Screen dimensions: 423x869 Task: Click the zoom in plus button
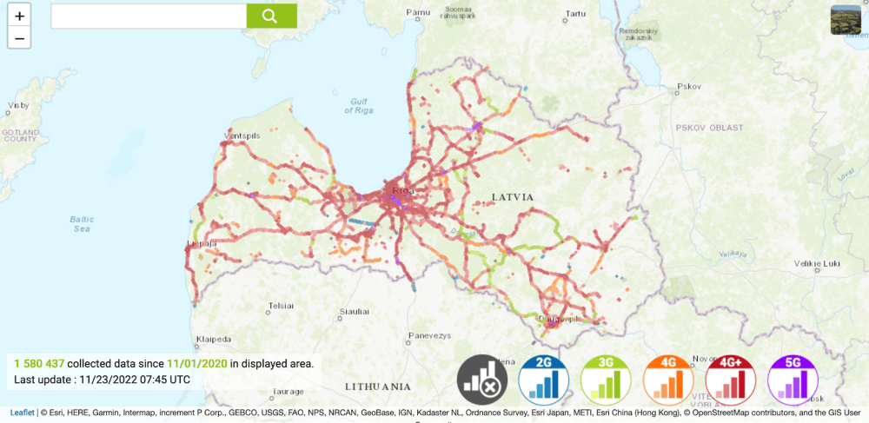pyautogui.click(x=19, y=16)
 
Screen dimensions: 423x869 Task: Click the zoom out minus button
pyautogui.click(x=19, y=37)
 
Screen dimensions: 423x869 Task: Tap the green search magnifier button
pyautogui.click(x=271, y=16)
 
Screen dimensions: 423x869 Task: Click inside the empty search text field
pyautogui.click(x=149, y=16)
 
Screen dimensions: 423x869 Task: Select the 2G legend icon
pyautogui.click(x=544, y=380)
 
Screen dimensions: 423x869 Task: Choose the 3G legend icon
pyautogui.click(x=606, y=380)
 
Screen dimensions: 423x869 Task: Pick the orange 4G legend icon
pyautogui.click(x=668, y=380)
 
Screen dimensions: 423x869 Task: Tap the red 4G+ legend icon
pyautogui.click(x=731, y=380)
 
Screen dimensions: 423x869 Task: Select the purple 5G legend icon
pyautogui.click(x=793, y=380)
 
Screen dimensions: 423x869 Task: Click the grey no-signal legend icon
pyautogui.click(x=482, y=380)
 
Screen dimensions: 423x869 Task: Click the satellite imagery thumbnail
pyautogui.click(x=846, y=20)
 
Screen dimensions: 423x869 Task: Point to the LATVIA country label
pyautogui.click(x=512, y=197)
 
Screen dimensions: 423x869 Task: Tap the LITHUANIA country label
pyautogui.click(x=377, y=386)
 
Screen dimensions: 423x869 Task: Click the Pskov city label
pyautogui.click(x=688, y=86)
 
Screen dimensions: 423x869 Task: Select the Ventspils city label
pyautogui.click(x=242, y=136)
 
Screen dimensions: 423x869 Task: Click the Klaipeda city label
pyautogui.click(x=213, y=339)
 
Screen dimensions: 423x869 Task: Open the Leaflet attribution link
pyautogui.click(x=23, y=413)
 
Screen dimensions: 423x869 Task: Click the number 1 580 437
pyautogui.click(x=38, y=363)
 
